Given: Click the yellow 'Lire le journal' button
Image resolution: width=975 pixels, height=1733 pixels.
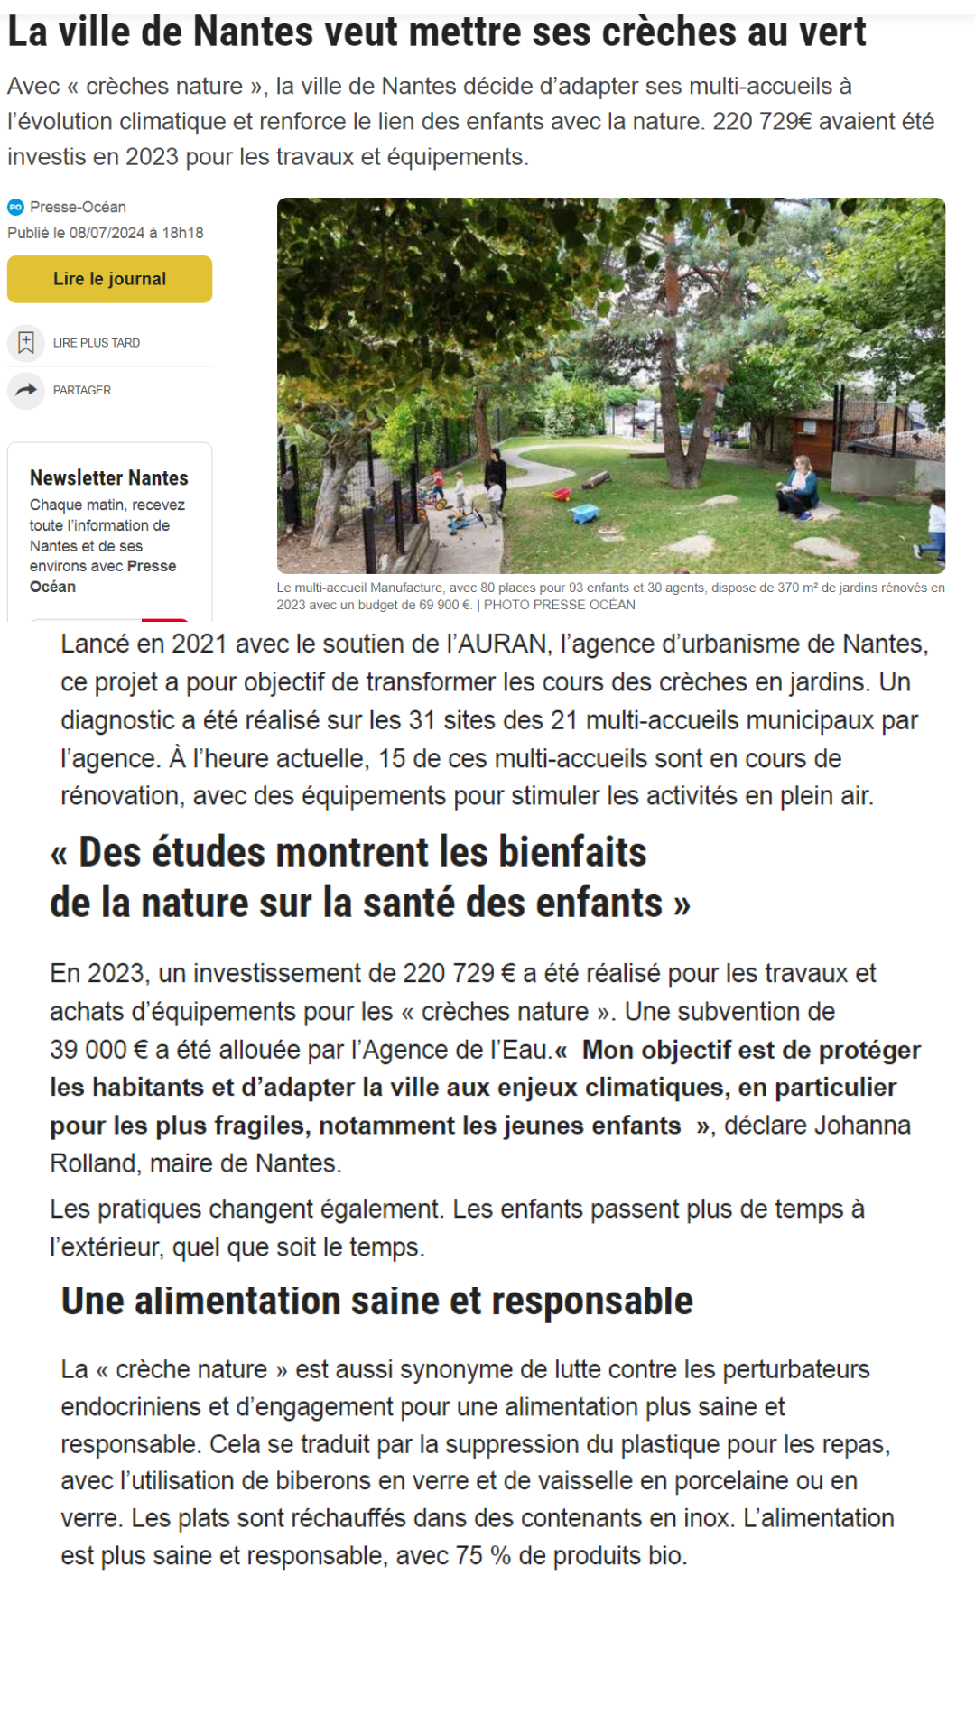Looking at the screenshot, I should click(x=109, y=279).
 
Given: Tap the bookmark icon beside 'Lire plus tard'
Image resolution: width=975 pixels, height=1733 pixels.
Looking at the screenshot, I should click(x=26, y=343).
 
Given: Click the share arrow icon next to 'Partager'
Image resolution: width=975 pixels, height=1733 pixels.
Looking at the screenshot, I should click(x=26, y=390).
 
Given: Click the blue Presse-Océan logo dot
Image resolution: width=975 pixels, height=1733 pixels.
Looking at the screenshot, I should click(x=15, y=208).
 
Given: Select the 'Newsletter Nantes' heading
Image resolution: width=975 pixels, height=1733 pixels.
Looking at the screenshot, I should click(x=108, y=477).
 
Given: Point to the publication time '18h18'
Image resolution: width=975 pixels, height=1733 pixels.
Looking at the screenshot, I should click(x=182, y=233).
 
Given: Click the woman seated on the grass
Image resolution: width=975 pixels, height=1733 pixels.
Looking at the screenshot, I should click(x=799, y=487).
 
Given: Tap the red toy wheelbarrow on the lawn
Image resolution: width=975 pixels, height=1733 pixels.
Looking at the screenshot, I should click(x=562, y=495).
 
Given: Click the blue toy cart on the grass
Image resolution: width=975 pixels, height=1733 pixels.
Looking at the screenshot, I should click(x=585, y=514).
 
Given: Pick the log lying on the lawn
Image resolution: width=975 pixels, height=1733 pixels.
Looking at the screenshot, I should click(x=597, y=479).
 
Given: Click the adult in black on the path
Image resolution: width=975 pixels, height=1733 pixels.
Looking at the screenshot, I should click(x=495, y=478).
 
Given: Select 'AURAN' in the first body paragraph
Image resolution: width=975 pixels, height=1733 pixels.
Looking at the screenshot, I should click(x=503, y=644).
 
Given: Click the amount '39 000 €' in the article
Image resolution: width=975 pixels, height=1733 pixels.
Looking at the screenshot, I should click(x=99, y=1050).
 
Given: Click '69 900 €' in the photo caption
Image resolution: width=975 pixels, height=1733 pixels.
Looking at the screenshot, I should click(x=445, y=606).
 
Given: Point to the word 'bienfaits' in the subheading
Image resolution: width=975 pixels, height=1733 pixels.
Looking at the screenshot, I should click(x=572, y=852).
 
